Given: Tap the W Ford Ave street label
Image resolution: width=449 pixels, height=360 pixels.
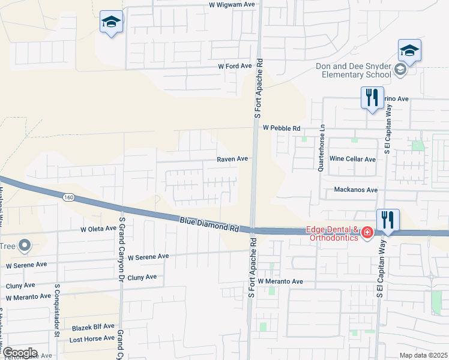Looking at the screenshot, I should point(234,66).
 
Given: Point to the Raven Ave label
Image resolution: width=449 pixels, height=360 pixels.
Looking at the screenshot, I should point(232,159).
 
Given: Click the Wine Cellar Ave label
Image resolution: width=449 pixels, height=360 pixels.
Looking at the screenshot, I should point(352,159).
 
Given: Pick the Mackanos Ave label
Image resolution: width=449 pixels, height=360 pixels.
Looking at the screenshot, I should point(355,190).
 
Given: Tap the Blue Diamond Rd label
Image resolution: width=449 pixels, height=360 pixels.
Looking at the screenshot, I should point(209,225).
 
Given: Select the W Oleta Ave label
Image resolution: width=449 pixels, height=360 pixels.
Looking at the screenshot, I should point(98,229).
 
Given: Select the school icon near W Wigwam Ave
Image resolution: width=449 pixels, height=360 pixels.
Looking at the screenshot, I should point(111,22).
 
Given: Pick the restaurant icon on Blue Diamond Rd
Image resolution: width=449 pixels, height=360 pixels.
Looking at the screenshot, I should point(388,220).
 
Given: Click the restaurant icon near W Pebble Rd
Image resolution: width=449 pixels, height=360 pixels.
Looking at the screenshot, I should point(372,97).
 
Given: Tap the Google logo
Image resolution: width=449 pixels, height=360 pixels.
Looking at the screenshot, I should point(19,353).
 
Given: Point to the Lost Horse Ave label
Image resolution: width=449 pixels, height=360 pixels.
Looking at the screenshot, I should point(91,338).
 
